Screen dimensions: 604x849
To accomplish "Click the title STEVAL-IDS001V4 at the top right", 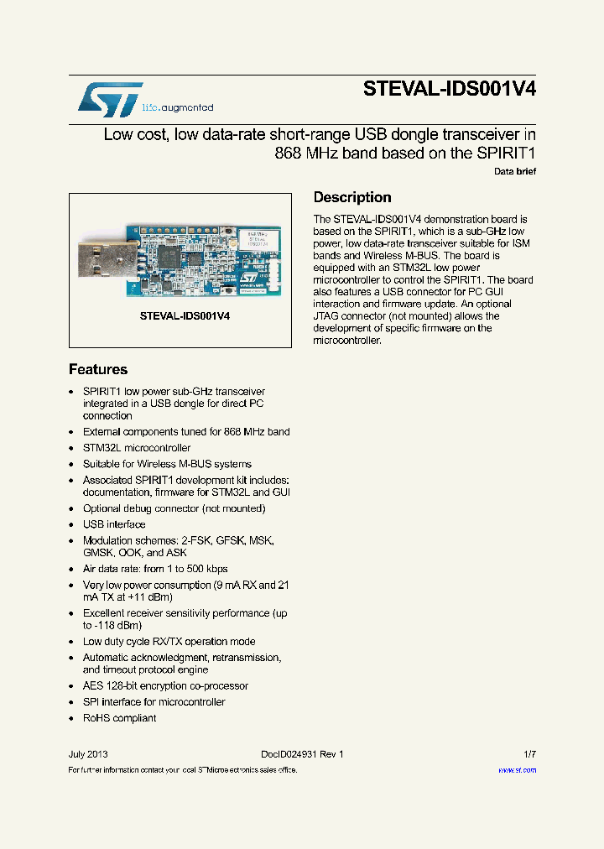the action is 449,91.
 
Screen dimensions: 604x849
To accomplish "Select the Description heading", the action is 352,197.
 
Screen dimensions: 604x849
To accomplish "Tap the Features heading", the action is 98,369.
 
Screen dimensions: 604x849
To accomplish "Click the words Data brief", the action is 514,171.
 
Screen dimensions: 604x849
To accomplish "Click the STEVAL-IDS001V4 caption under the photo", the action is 185,317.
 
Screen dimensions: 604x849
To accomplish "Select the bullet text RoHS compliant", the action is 119,718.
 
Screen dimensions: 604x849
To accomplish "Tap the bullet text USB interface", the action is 114,524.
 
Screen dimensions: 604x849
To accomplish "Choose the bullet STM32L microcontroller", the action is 137,448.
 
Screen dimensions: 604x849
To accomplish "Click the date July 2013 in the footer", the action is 88,754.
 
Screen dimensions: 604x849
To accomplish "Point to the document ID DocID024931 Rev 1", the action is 296,754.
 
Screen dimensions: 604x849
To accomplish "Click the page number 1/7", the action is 529,754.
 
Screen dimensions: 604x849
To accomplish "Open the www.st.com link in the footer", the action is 517,769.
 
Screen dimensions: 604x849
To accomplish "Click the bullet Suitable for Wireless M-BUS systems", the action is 167,464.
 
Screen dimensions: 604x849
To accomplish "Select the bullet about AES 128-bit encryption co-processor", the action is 165,685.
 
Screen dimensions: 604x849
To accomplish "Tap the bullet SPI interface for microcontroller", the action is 154,702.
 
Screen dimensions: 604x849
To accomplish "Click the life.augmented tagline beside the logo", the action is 177,107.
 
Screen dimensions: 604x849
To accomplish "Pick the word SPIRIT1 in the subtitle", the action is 506,154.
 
